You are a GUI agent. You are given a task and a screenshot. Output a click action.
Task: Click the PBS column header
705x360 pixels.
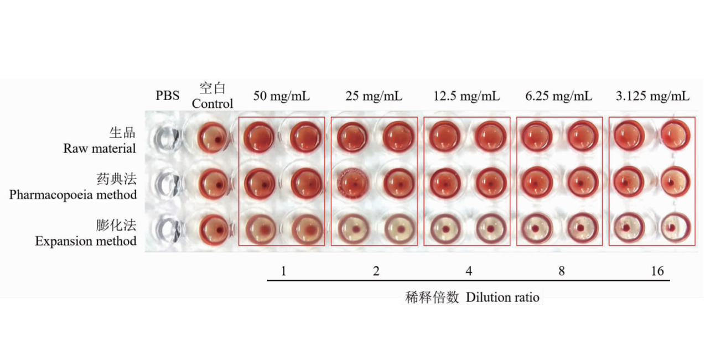(x=168, y=95)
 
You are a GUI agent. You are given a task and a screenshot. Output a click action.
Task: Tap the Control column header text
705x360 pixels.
(x=212, y=103)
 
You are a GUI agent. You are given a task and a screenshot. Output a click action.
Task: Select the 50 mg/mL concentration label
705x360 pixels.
(x=281, y=96)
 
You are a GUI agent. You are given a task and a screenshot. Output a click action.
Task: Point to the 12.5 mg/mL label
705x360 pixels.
(x=466, y=96)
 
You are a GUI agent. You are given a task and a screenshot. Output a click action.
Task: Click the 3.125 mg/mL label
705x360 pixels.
(x=652, y=96)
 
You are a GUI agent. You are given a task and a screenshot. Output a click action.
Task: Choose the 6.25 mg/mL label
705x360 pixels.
(x=559, y=96)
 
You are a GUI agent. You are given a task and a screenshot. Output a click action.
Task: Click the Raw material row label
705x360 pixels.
(x=100, y=148)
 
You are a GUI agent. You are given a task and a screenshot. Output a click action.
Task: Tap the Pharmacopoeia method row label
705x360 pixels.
(x=73, y=195)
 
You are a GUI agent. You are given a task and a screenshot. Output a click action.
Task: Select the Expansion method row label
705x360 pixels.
(x=86, y=241)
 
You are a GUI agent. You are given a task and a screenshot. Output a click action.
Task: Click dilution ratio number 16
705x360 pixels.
(x=657, y=271)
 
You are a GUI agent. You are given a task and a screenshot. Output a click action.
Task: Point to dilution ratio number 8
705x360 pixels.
(x=562, y=271)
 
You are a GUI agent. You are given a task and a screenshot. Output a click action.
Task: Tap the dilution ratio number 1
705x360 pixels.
(x=283, y=271)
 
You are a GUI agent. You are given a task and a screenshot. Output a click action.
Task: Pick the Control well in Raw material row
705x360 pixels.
(x=212, y=138)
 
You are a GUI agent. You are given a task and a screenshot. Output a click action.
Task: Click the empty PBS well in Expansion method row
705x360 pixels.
(x=168, y=230)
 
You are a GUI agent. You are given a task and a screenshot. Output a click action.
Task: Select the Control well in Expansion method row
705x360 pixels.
(x=214, y=230)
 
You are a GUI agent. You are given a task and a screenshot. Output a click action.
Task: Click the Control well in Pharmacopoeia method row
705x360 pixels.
(x=213, y=184)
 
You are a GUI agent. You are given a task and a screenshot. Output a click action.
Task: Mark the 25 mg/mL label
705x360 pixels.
(x=374, y=96)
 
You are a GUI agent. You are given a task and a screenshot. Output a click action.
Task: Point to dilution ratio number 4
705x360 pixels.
(x=469, y=271)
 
